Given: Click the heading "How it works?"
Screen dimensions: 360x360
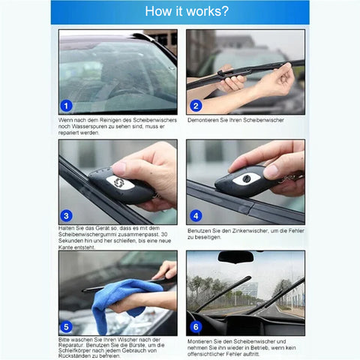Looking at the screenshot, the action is point(187,11).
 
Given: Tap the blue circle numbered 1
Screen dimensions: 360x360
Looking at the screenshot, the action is point(66,106).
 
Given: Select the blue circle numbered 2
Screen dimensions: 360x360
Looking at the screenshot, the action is point(196,106).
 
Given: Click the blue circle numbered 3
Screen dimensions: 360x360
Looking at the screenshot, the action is point(66,216).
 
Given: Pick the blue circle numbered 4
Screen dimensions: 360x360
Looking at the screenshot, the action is point(196,216).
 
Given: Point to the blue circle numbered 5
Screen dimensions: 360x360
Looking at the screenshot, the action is point(66,327).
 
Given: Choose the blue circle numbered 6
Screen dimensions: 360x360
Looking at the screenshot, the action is point(196,327).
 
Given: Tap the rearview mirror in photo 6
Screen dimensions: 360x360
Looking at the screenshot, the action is point(235,257).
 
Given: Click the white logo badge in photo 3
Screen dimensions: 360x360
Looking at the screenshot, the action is point(118,182).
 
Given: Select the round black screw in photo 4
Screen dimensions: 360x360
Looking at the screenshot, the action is point(247,178).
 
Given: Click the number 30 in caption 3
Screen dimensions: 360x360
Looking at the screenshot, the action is point(164,235).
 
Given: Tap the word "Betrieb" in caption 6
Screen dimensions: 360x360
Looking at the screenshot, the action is point(259,348).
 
